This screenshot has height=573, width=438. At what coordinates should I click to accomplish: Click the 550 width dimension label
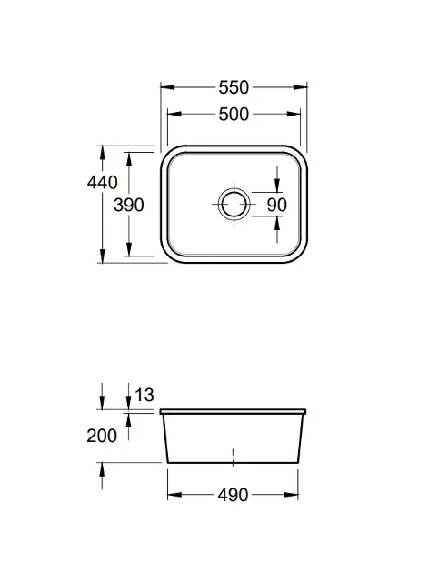(234, 87)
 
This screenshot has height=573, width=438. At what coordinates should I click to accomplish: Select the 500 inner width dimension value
(234, 115)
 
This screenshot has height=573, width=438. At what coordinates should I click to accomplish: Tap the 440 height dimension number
(102, 182)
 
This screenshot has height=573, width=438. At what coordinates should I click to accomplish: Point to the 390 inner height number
(129, 205)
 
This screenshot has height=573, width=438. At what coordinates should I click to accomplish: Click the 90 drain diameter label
(276, 205)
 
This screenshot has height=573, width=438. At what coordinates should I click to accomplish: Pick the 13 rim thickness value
(144, 395)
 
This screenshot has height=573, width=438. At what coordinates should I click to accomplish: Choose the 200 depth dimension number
(102, 436)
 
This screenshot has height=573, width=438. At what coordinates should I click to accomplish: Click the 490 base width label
(233, 496)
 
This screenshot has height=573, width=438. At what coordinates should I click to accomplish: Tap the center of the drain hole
(234, 205)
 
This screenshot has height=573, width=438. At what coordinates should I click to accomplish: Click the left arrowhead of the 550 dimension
(167, 87)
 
